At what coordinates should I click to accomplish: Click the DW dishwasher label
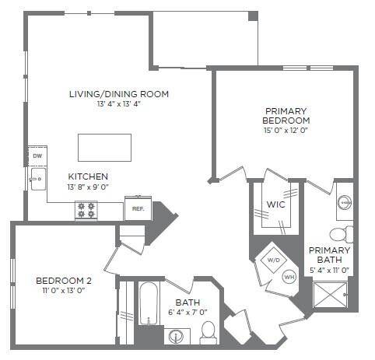click(x=37, y=156)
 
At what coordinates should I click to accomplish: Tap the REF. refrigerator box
click(x=138, y=208)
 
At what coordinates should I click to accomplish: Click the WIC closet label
click(x=275, y=204)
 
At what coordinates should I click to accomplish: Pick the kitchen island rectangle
click(x=104, y=146)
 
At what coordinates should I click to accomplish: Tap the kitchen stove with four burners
click(x=86, y=210)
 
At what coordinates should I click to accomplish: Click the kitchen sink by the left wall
click(x=36, y=180)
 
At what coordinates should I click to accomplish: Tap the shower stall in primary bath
click(x=332, y=295)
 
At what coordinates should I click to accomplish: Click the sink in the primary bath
click(x=345, y=204)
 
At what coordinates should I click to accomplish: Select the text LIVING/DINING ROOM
click(x=119, y=94)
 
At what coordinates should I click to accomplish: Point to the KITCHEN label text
click(x=88, y=177)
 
